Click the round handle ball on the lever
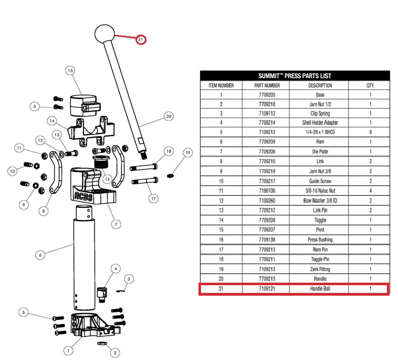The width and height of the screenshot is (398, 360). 105,34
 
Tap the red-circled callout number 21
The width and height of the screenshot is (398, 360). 140,40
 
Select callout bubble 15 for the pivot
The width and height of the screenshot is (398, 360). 70,71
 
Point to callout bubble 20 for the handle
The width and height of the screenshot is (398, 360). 168,116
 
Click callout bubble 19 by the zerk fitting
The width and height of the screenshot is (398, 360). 188,153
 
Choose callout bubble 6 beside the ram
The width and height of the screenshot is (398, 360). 40,256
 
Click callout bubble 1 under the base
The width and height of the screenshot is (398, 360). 68,350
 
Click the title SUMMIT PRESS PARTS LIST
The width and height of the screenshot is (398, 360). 294,76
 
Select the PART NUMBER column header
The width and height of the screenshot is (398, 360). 265,86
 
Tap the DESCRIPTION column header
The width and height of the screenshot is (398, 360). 320,86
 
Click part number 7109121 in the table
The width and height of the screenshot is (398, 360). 265,289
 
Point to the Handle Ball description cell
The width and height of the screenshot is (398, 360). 320,289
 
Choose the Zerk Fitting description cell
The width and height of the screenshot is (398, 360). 320,269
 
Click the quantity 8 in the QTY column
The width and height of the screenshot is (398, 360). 370,132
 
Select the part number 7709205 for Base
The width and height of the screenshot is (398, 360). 265,95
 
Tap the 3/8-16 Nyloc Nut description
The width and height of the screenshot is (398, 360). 320,190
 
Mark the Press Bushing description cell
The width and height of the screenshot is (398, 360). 320,240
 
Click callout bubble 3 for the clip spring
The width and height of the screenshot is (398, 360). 130,278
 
